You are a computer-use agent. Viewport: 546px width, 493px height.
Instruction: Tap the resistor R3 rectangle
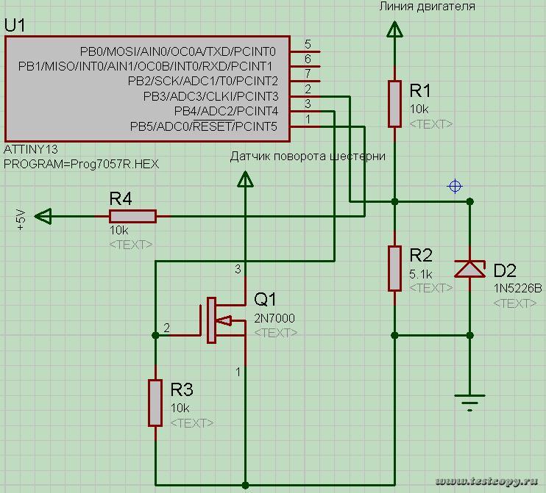(x=155, y=402)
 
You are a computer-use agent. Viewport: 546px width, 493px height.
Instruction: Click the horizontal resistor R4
(x=132, y=216)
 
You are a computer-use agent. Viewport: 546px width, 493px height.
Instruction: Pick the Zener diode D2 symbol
(x=469, y=269)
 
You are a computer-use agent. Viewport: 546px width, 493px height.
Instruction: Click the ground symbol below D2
(x=469, y=400)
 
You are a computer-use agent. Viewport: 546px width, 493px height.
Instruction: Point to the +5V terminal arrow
(x=44, y=216)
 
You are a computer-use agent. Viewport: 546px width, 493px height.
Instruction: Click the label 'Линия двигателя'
(x=427, y=7)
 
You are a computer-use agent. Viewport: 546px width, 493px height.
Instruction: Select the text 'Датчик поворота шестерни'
(x=308, y=156)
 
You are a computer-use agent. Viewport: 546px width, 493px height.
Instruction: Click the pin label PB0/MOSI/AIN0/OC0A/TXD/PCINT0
(x=178, y=51)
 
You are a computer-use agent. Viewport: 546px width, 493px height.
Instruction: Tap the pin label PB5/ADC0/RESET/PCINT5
(x=204, y=127)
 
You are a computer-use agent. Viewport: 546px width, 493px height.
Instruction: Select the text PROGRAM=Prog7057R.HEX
(x=81, y=164)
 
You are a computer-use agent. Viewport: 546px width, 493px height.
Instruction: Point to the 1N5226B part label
(x=517, y=288)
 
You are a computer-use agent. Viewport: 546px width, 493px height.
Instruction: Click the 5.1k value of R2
(x=420, y=274)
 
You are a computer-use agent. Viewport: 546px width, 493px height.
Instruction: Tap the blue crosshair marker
(x=455, y=187)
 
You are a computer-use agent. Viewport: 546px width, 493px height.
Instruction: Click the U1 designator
(x=15, y=26)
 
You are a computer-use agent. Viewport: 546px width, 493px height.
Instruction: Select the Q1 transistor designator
(x=266, y=300)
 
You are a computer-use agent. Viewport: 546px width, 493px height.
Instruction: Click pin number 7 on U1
(x=307, y=73)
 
